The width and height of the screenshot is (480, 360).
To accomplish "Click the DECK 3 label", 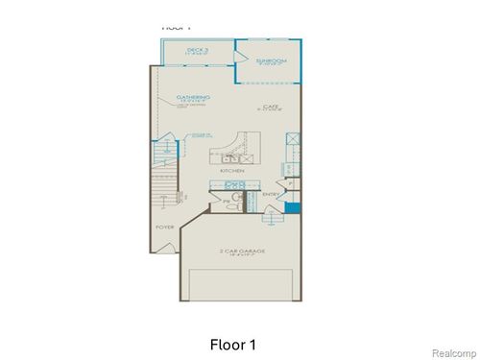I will coord(198,49).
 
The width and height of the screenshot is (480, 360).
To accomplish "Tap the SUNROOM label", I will coord(272,60).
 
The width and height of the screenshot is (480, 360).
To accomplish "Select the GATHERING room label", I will coord(194,97).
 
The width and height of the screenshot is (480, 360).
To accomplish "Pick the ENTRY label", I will coord(272,194).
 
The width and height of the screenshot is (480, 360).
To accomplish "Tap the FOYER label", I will coord(165,227).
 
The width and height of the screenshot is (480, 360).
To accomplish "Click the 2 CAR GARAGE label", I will coord(240,251).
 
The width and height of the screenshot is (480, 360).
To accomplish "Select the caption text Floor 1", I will coord(232,343).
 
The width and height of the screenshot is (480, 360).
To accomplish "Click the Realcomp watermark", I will coord(451,350).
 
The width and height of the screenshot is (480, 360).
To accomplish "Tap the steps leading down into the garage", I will coord(273,219).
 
